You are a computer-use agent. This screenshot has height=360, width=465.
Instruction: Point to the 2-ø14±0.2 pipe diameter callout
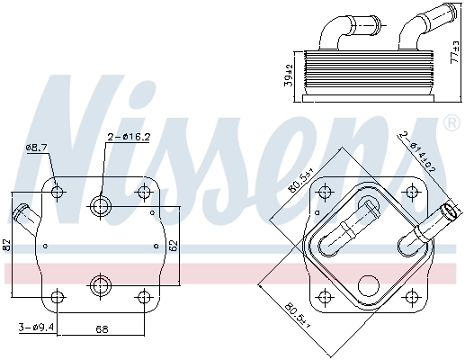point(419,150)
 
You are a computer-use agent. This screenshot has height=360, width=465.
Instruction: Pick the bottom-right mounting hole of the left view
point(143,296)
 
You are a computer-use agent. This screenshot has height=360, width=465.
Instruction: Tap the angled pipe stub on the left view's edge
point(24,218)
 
